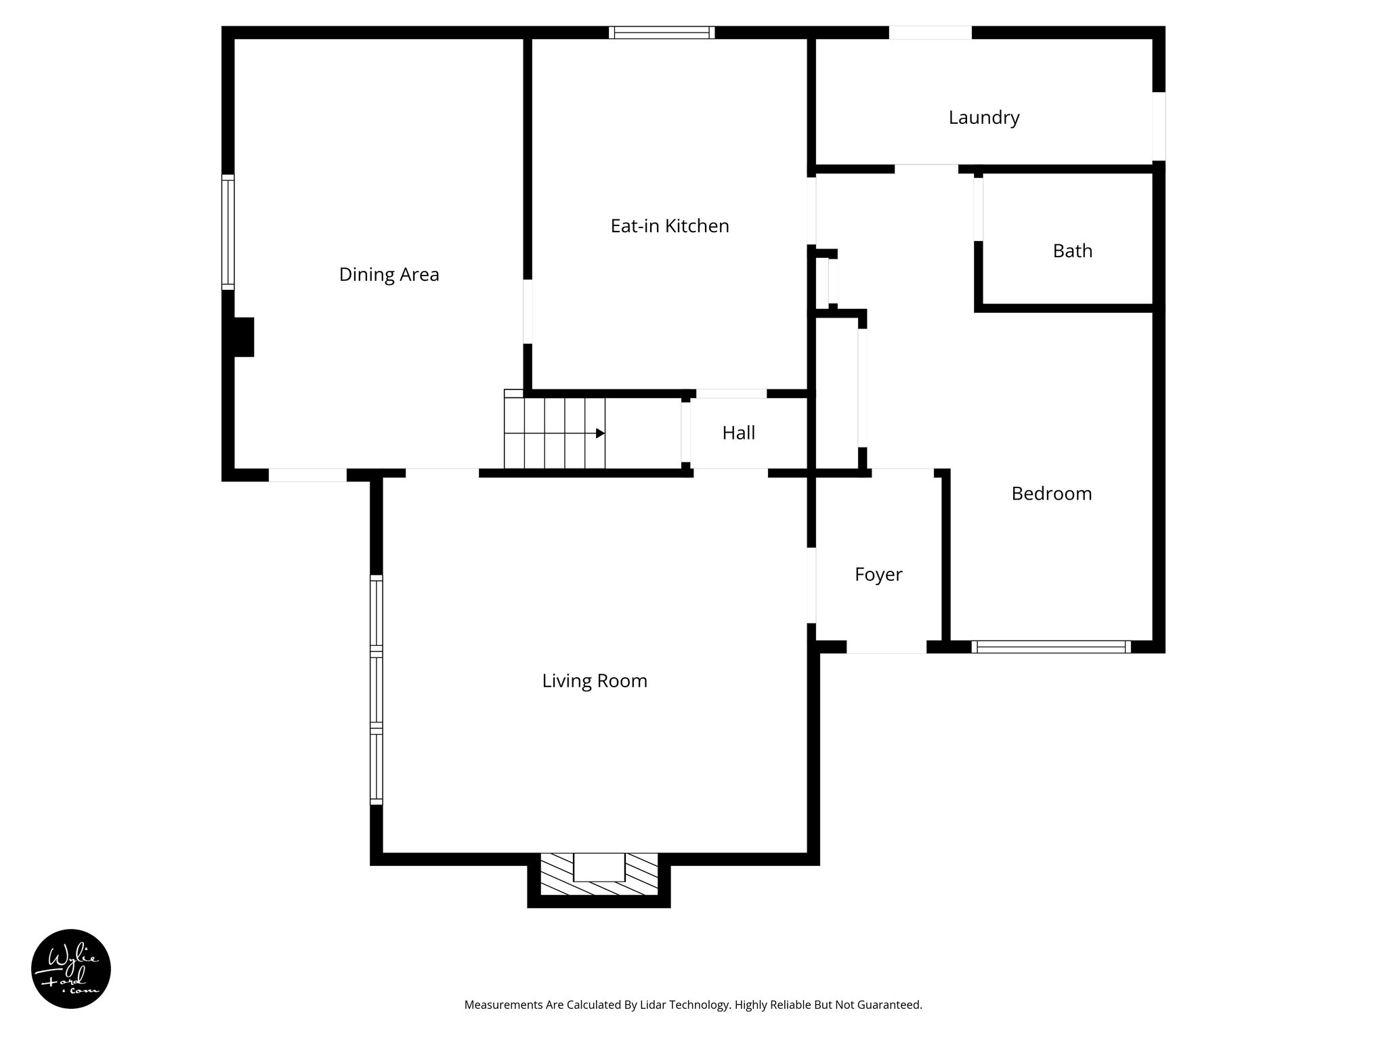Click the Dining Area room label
coord(389,274)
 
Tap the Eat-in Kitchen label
coord(669,225)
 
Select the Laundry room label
coord(983,117)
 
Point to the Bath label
coord(1072,251)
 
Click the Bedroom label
coord(1051,493)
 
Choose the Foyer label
coord(878,574)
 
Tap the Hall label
coord(738,433)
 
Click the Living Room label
coord(594,680)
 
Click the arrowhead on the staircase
coord(600,433)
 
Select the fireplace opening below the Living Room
coord(599,867)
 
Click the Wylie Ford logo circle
coord(71,969)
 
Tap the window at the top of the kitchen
coord(661,32)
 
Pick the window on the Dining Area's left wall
coord(228,232)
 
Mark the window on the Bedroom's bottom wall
coord(1051,647)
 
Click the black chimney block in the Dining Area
coord(243,337)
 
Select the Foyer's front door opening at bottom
coord(886,647)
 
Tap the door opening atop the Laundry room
coord(930,32)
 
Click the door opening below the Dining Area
coord(307,475)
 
